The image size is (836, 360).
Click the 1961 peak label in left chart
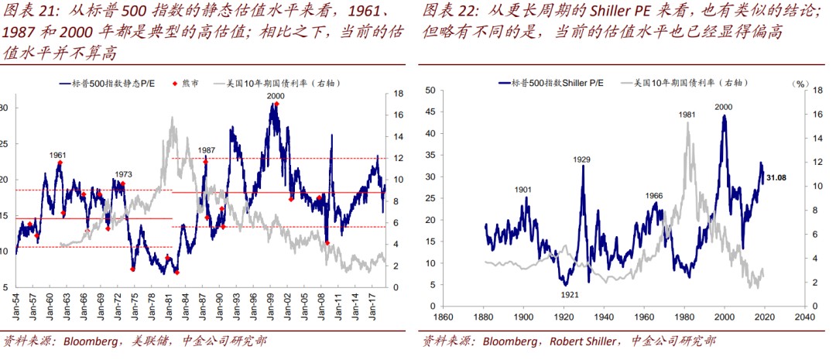pyautogui.click(x=57, y=155)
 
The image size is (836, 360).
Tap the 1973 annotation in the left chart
pyautogui.click(x=124, y=174)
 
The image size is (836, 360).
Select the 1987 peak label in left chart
pyautogui.click(x=207, y=150)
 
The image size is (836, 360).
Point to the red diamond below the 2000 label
pyautogui.click(x=276, y=104)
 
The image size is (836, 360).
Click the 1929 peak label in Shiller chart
pyautogui.click(x=582, y=159)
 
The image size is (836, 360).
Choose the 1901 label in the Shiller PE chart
pyautogui.click(x=523, y=189)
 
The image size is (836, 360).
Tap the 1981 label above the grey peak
pyautogui.click(x=687, y=115)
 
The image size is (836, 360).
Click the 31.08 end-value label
pyautogui.click(x=777, y=179)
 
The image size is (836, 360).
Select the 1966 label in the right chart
pyautogui.click(x=654, y=195)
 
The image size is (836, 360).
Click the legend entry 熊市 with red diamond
pyautogui.click(x=185, y=82)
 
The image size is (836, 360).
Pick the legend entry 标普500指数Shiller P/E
pyautogui.click(x=553, y=81)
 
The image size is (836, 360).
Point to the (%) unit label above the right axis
pyautogui.click(x=800, y=81)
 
